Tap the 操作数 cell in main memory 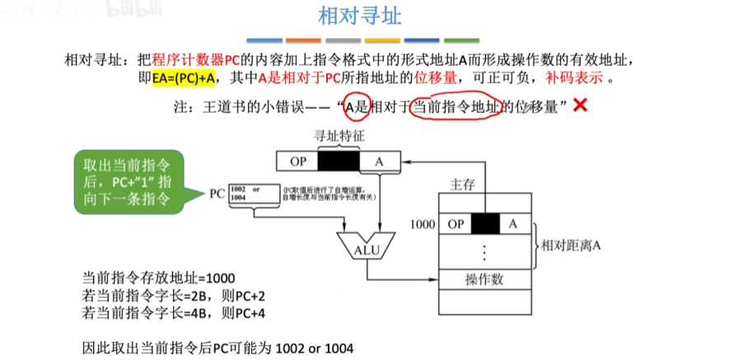click(x=484, y=279)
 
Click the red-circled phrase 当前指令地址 click(x=456, y=106)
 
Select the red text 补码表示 click(x=573, y=78)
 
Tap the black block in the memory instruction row click(x=486, y=223)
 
